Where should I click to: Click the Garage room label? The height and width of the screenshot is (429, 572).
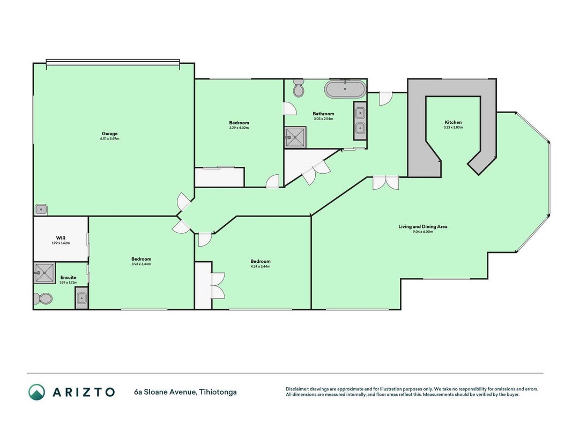pos(109,134)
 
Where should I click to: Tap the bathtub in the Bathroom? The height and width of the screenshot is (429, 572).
pos(345,89)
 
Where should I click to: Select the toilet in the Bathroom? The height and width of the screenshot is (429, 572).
pos(299,88)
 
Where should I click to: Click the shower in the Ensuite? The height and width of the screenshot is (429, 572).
pos(44,273)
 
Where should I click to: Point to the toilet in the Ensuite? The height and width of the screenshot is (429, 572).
pos(42,299)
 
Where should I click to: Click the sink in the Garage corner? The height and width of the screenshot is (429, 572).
pos(41,210)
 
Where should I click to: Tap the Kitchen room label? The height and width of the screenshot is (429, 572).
pos(453,122)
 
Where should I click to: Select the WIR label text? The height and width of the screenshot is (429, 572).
pos(61,238)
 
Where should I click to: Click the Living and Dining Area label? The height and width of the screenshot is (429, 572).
pos(423,226)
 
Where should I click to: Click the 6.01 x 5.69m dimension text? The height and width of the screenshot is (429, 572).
pos(109,139)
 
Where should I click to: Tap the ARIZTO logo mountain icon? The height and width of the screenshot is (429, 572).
pos(36,392)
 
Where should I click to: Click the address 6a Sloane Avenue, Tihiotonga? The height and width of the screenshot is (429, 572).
pos(185,392)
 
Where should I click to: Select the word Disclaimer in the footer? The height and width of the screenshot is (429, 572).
pos(297,389)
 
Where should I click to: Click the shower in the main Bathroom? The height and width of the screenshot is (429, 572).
pos(295,137)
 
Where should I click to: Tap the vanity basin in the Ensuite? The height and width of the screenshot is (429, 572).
pos(81,298)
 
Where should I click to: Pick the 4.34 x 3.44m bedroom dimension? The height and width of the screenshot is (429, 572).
pos(261,267)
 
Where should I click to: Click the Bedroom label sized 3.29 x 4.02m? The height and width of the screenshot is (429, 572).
pos(239,123)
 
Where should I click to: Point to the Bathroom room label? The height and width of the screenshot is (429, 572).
pos(323,114)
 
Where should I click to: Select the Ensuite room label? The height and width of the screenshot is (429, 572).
pos(68,277)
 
